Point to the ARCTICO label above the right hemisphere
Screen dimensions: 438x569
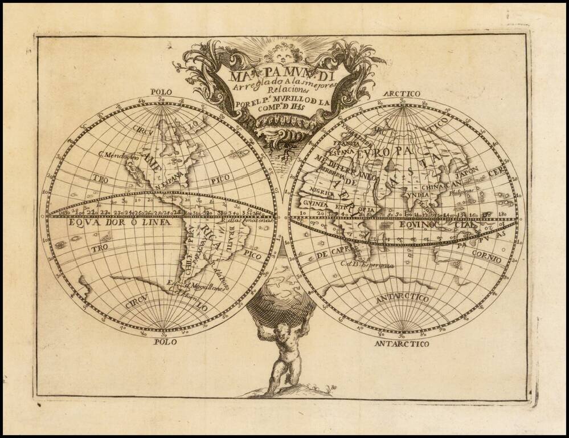(402, 94)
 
